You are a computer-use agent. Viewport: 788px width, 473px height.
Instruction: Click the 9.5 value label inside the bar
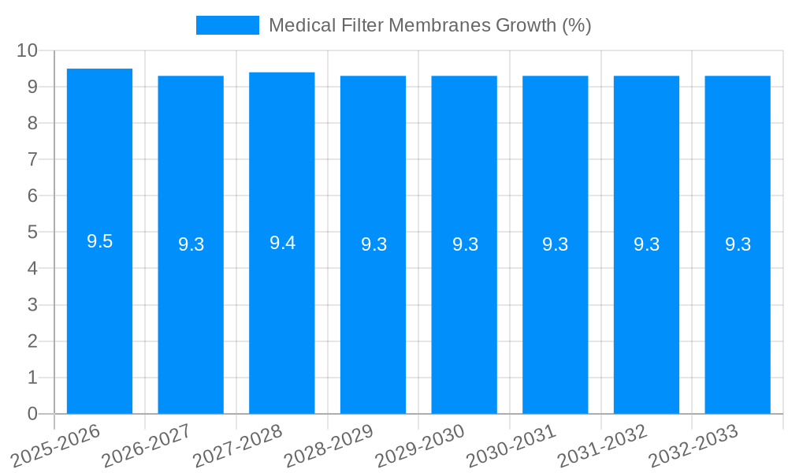click(x=99, y=242)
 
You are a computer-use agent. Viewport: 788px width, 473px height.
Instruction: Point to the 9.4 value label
click(x=282, y=243)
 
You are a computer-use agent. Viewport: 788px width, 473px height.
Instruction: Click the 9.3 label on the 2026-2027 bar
click(x=191, y=245)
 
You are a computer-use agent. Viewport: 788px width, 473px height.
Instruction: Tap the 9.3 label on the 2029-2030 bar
click(x=465, y=245)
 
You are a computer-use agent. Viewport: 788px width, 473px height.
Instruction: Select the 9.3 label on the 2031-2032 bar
click(x=647, y=245)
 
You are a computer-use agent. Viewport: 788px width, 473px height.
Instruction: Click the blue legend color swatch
click(x=227, y=25)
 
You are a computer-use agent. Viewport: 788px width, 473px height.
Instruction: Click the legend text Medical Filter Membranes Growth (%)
click(x=429, y=25)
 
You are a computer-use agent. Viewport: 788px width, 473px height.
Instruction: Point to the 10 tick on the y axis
click(x=27, y=50)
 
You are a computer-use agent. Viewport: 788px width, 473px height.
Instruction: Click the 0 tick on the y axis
click(x=32, y=414)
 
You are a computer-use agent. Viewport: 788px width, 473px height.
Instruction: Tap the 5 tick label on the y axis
click(x=32, y=233)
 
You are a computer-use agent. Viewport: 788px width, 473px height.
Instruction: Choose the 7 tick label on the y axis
click(x=32, y=159)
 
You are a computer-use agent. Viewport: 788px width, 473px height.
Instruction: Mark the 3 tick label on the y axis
click(x=32, y=305)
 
